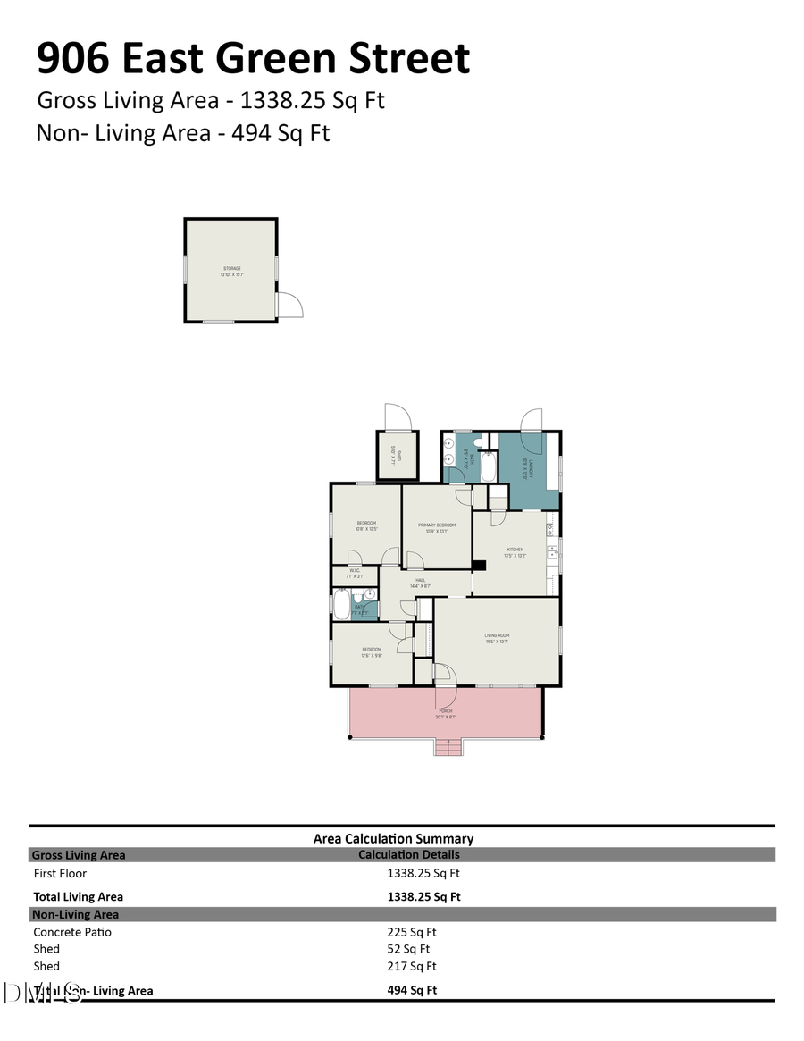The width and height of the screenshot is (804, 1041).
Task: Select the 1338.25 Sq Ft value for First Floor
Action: point(423,874)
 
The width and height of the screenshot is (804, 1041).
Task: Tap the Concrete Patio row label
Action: point(72,932)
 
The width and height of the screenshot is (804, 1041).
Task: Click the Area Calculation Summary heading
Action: point(393,838)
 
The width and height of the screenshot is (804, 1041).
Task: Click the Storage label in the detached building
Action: point(231,268)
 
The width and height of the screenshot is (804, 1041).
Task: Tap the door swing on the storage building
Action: point(290,305)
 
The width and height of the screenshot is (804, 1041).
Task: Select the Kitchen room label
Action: point(515,550)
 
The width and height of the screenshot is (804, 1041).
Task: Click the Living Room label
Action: point(497,635)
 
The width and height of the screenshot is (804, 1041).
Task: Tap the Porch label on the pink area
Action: point(445,710)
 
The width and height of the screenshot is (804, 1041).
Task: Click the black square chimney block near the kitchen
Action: point(479,565)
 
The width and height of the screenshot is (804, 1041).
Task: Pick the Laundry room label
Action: point(530,465)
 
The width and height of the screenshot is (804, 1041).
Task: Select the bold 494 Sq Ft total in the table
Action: point(412,990)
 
